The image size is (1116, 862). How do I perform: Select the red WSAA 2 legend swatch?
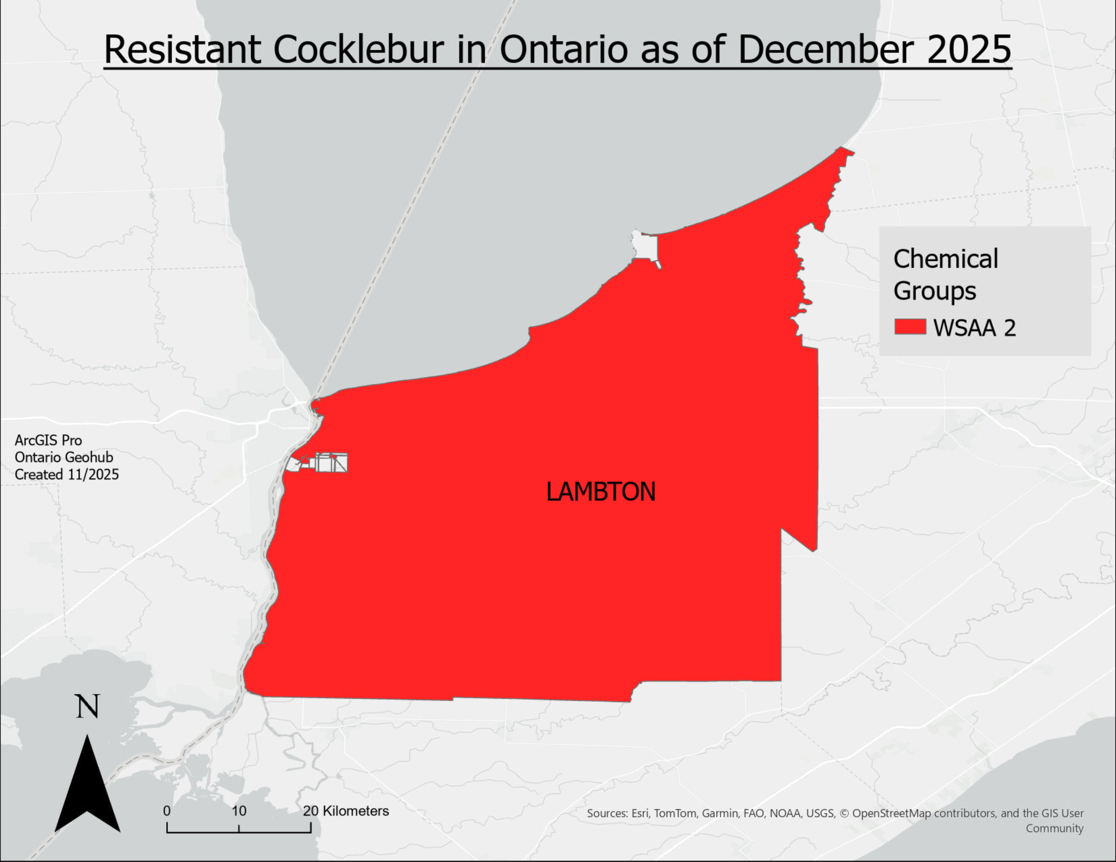[x=910, y=327]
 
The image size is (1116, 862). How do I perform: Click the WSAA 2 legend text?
[x=974, y=328]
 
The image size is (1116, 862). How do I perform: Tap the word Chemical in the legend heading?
[x=945, y=259]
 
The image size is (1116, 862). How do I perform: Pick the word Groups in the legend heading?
[x=935, y=291]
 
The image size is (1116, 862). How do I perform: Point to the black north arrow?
[x=87, y=786]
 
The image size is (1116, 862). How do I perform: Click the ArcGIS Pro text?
[x=48, y=440]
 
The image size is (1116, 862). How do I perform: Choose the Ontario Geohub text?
[x=64, y=457]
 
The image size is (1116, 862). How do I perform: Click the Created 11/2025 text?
[x=66, y=474]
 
